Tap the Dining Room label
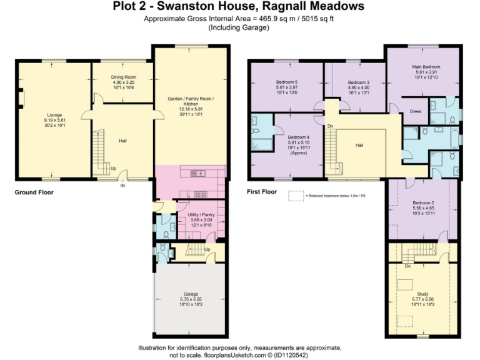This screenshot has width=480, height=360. click(124, 77)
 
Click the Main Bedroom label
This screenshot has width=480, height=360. click(426, 67)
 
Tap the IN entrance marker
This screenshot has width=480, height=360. click(122, 186)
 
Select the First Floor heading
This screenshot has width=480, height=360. click(262, 192)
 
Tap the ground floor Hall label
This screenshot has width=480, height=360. click(123, 141)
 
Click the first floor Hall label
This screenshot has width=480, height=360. click(359, 145)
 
